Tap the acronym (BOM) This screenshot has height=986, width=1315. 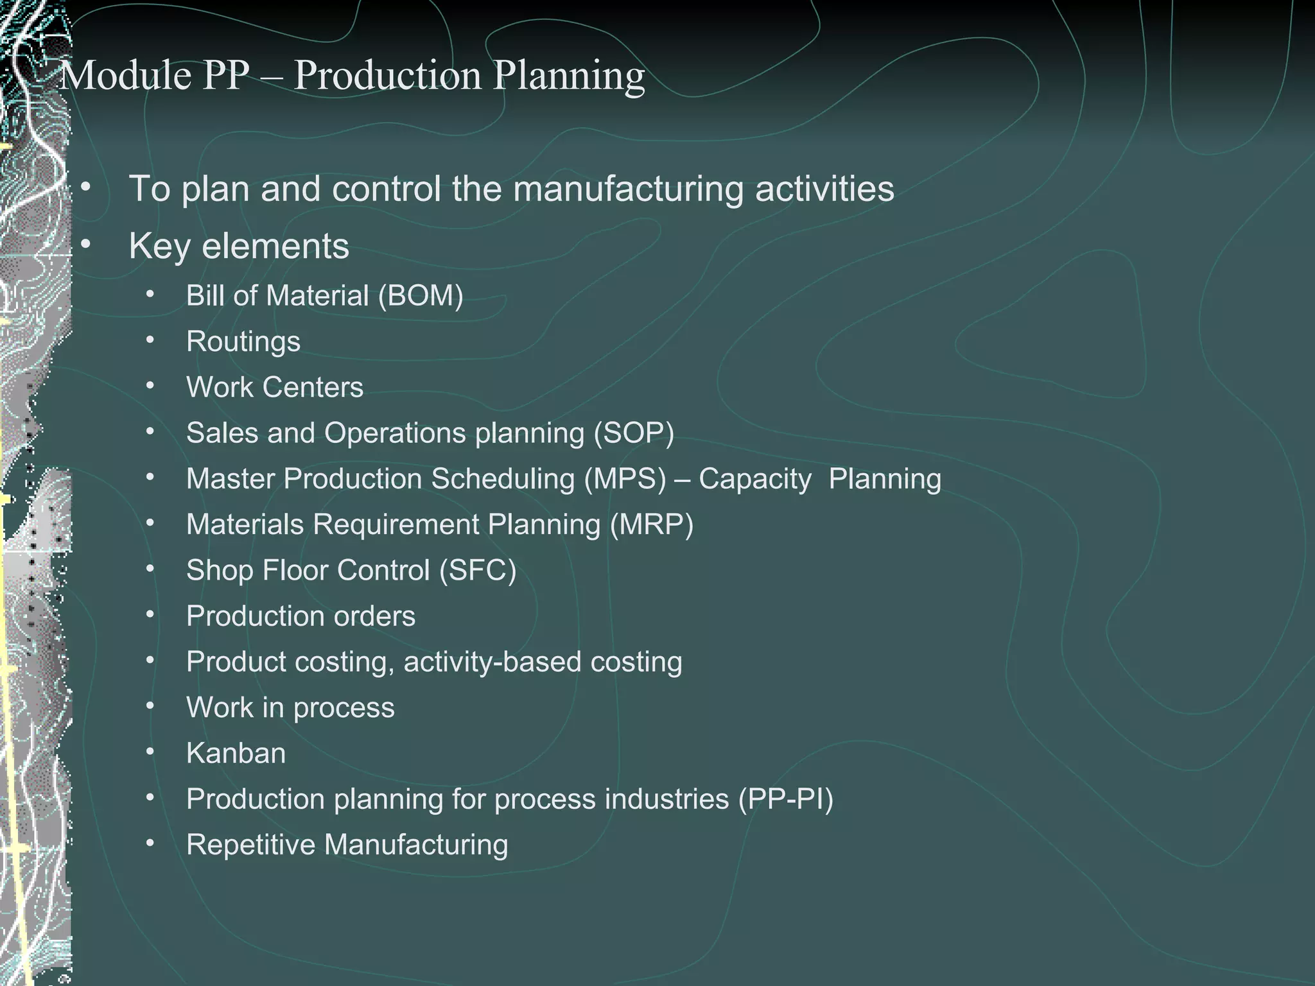pyautogui.click(x=421, y=297)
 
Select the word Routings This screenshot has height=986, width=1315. pyautogui.click(x=243, y=342)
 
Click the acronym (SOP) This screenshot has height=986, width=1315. pyautogui.click(x=634, y=433)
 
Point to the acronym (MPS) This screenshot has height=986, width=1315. pyautogui.click(x=625, y=480)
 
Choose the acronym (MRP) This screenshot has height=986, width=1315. pyautogui.click(x=652, y=525)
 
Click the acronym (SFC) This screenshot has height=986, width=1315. pyautogui.click(x=478, y=571)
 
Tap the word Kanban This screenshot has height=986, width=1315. pyautogui.click(x=236, y=754)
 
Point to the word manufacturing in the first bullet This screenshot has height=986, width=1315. pyautogui.click(x=627, y=189)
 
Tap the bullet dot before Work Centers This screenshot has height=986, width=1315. pyautogui.click(x=150, y=386)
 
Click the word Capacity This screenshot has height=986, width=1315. pyautogui.click(x=754, y=480)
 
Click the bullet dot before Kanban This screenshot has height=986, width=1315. pyautogui.click(x=150, y=752)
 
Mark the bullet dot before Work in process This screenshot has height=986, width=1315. pyautogui.click(x=150, y=706)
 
